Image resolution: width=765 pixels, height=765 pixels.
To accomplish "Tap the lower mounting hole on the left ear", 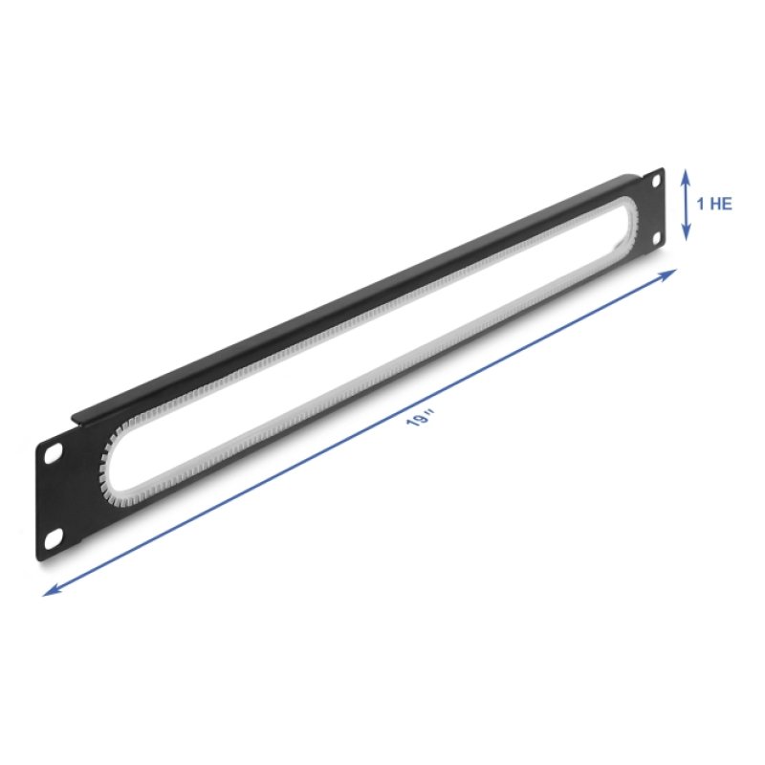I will click(54, 538).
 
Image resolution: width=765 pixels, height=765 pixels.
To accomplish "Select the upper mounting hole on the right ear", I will click(656, 182).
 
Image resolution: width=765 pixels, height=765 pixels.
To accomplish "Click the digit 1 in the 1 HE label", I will click(701, 204).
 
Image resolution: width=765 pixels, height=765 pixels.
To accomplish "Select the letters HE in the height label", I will click(720, 204).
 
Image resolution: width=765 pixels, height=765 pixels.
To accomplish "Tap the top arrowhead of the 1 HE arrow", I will click(686, 175).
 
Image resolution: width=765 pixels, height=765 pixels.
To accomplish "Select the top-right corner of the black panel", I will click(665, 169).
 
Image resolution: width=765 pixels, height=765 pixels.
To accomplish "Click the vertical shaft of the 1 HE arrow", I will click(686, 205).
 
